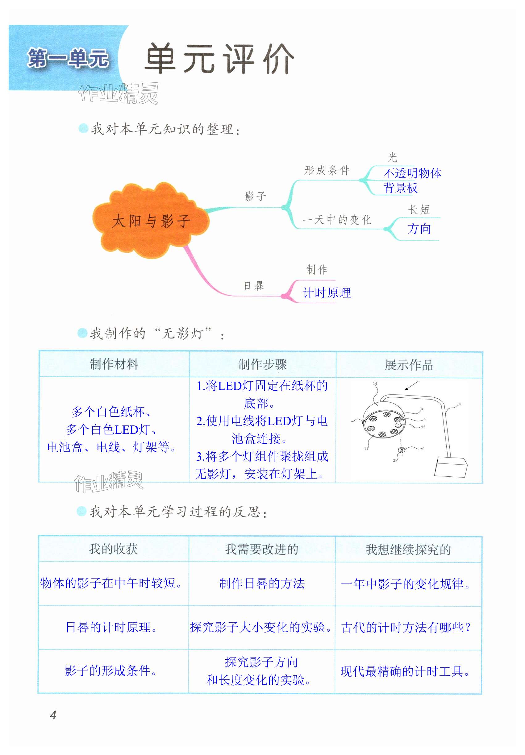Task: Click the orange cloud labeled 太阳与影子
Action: (x=151, y=220)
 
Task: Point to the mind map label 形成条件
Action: (x=327, y=170)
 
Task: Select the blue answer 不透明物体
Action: (x=412, y=173)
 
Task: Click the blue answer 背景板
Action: (x=400, y=188)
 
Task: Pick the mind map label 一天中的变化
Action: (x=337, y=219)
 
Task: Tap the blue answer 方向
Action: (x=419, y=229)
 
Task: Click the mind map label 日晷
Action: (x=254, y=285)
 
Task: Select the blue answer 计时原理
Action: (x=327, y=293)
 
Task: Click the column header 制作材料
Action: (x=114, y=364)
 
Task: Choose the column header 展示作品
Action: (x=409, y=365)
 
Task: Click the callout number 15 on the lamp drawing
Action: (x=459, y=404)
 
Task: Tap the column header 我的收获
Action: (x=113, y=549)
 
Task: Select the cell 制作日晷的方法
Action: (x=262, y=583)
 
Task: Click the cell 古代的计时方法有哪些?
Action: (x=406, y=627)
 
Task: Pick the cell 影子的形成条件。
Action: (x=111, y=671)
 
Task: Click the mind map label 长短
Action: (x=419, y=209)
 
